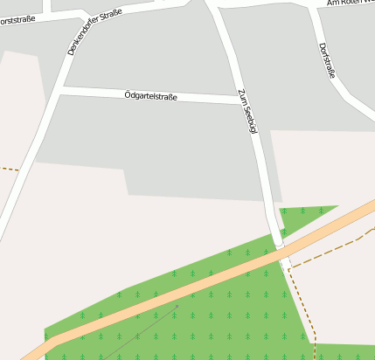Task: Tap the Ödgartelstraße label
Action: click(x=150, y=95)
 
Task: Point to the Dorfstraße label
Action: click(x=327, y=60)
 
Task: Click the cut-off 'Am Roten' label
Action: click(x=350, y=3)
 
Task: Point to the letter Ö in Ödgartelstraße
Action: click(x=128, y=93)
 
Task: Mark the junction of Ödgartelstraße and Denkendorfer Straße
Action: click(x=61, y=89)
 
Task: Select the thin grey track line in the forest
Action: click(x=140, y=332)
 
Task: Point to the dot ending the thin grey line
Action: click(x=177, y=306)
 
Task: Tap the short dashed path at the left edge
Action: click(x=8, y=168)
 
